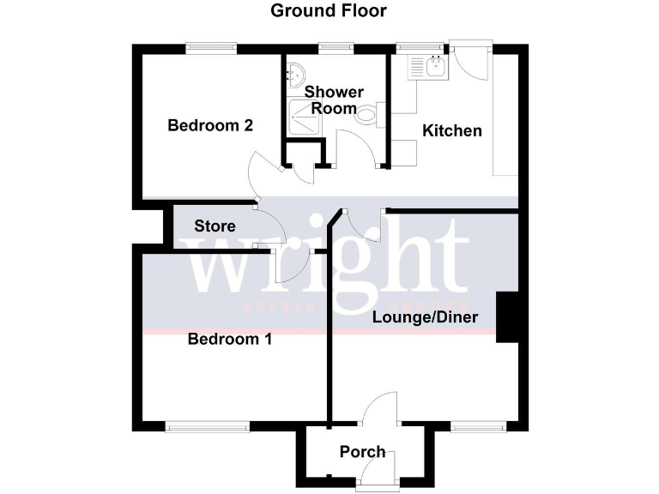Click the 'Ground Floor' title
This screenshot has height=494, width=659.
tap(329, 11)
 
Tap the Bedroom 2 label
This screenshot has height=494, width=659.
tap(210, 125)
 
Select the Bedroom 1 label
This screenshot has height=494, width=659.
tap(230, 339)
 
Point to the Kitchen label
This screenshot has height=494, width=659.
tap(452, 131)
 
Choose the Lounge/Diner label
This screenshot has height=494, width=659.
tap(425, 316)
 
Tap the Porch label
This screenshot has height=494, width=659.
tap(362, 452)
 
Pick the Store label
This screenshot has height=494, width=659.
tap(215, 226)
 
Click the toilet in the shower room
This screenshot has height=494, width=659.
tap(367, 114)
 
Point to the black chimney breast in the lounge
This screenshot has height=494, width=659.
tap(506, 317)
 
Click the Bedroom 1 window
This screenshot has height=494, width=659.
tap(208, 426)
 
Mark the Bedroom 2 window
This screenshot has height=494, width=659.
tap(212, 48)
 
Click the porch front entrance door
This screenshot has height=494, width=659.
tap(378, 470)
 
